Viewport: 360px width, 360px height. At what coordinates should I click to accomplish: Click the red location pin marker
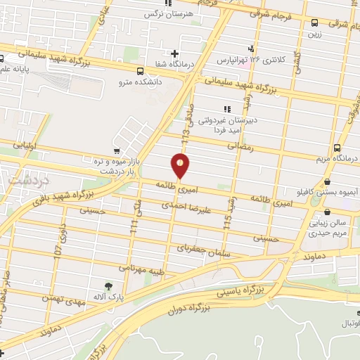[x=181, y=167]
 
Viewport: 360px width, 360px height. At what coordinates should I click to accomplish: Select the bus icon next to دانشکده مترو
[x=140, y=71]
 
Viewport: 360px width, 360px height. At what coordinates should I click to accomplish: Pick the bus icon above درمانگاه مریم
[x=338, y=148]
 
